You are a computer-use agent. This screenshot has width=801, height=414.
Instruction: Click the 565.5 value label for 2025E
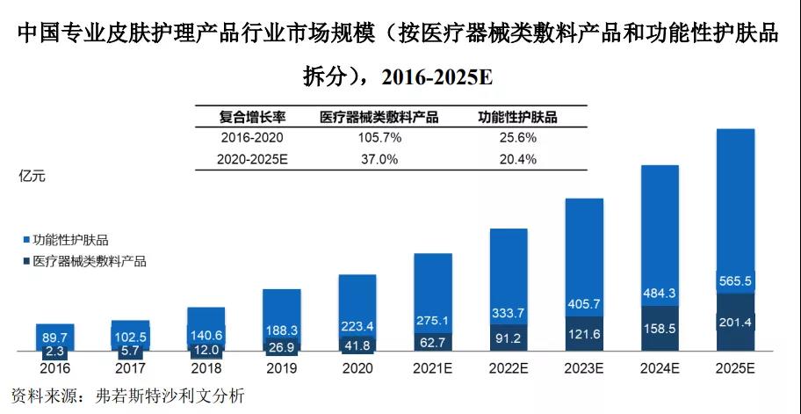click(x=735, y=281)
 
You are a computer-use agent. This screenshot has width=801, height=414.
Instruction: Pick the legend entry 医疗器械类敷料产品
click(x=88, y=260)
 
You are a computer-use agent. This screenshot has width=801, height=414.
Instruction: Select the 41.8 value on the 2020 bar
click(x=357, y=345)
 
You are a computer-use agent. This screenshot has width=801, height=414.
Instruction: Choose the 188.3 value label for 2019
click(x=281, y=330)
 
